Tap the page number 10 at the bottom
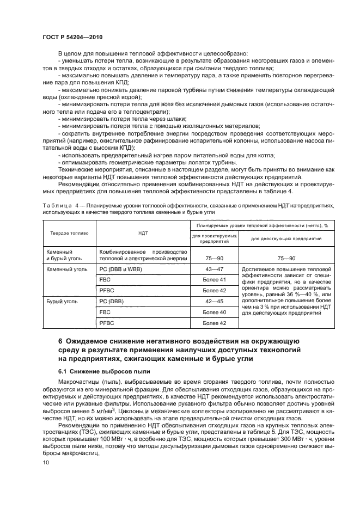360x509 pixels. coord(45,462)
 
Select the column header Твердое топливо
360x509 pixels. coord(69,232)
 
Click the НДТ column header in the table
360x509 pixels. coord(143,232)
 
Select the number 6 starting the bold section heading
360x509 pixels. coord(60,341)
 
